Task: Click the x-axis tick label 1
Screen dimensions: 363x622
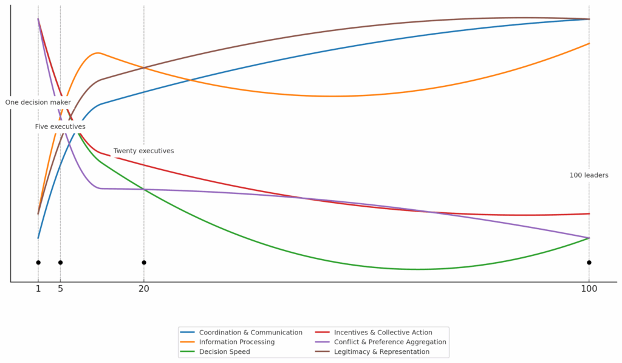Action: click(38, 289)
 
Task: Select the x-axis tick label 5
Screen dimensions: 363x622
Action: click(60, 289)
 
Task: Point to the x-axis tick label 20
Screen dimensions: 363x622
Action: click(144, 289)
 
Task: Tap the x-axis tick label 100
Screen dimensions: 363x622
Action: click(589, 289)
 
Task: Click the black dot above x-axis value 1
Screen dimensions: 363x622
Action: click(38, 263)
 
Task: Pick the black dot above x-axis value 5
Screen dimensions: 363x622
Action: click(60, 263)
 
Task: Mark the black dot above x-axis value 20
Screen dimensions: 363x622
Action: click(144, 263)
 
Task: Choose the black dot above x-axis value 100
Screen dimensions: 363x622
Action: click(589, 263)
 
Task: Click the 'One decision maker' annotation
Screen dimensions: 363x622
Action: click(38, 103)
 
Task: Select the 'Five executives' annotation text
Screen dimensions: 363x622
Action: click(60, 126)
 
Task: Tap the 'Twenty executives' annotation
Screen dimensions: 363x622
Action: click(144, 151)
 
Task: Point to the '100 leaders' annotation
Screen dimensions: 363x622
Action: click(589, 175)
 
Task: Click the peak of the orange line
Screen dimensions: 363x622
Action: click(97, 53)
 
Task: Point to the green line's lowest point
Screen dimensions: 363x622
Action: click(417, 269)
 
